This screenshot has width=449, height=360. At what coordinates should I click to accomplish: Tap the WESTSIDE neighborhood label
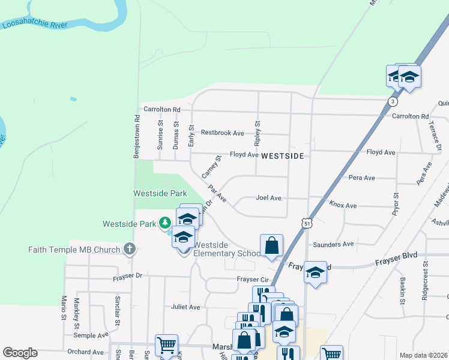283,155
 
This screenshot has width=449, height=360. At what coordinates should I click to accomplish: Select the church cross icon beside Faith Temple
129,249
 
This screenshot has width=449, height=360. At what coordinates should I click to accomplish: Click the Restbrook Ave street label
222,133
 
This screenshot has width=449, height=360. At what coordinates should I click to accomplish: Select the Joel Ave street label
268,197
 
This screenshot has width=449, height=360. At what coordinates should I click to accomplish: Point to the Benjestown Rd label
137,137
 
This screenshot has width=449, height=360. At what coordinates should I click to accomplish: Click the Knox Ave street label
343,205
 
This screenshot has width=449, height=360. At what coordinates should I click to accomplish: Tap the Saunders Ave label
333,244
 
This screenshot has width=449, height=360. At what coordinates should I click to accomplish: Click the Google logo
20,353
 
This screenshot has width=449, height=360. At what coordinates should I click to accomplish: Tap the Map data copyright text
423,355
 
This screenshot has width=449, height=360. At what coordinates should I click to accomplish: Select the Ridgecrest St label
425,274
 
